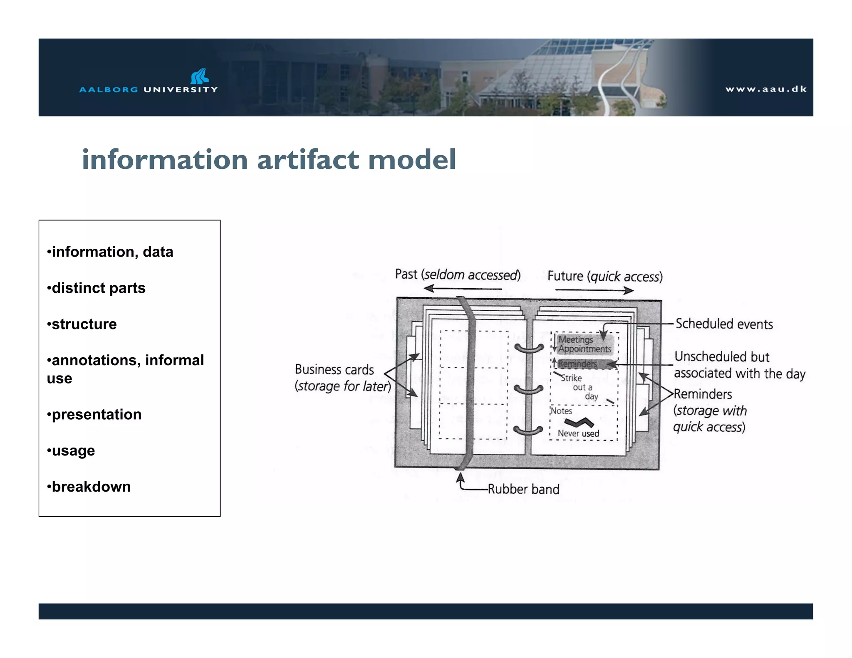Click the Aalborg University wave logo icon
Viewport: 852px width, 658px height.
pyautogui.click(x=200, y=76)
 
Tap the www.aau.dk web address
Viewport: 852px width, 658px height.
pyautogui.click(x=766, y=89)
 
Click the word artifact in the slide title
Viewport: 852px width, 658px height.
pyautogui.click(x=308, y=160)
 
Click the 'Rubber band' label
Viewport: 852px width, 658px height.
pyautogui.click(x=523, y=489)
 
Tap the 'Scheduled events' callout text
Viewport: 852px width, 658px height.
pyautogui.click(x=724, y=324)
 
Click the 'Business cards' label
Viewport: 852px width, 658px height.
pyautogui.click(x=334, y=369)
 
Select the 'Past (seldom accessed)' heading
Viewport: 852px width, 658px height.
pyautogui.click(x=458, y=275)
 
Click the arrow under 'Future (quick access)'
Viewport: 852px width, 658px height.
pyautogui.click(x=594, y=290)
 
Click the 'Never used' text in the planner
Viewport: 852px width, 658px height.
pyautogui.click(x=578, y=433)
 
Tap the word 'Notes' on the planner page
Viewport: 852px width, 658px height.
pyautogui.click(x=561, y=411)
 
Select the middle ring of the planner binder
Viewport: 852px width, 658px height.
pyautogui.click(x=528, y=390)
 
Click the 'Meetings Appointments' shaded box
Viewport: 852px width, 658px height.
pyautogui.click(x=585, y=344)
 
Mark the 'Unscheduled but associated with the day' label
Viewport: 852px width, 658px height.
pyautogui.click(x=739, y=365)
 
